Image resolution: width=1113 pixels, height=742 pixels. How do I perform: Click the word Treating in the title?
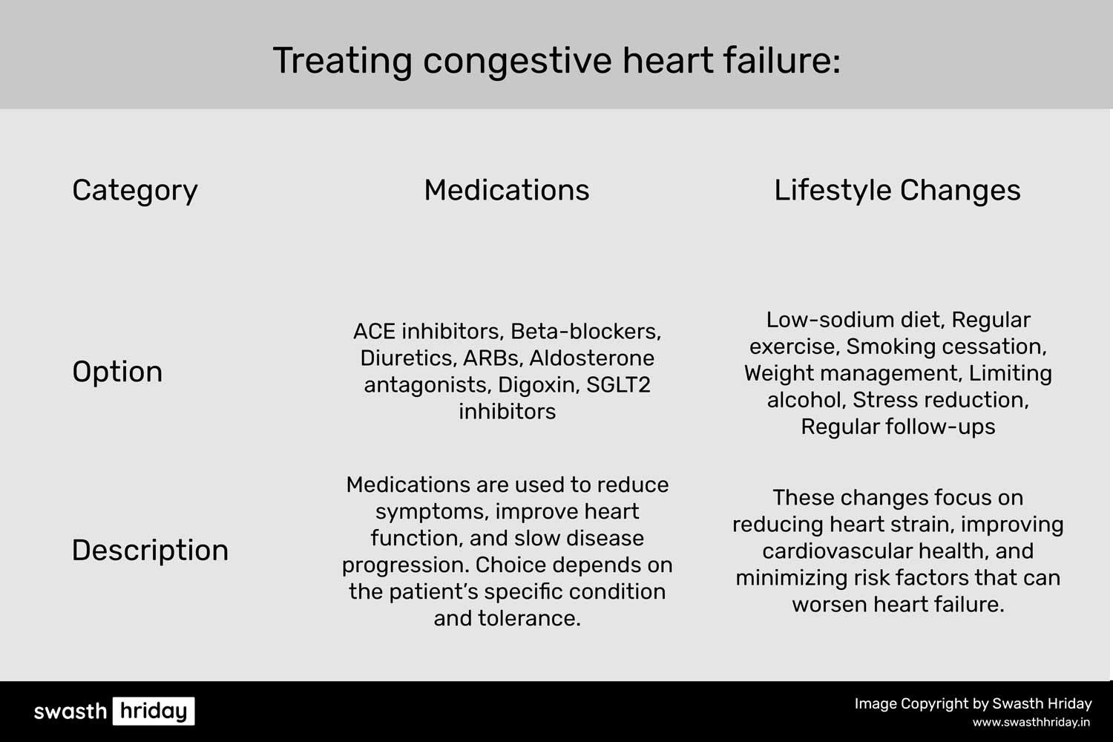[342, 62]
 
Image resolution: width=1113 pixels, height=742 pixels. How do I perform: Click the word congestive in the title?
[517, 62]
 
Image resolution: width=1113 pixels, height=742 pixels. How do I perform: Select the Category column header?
[134, 191]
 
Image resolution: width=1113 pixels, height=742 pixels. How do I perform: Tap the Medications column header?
[506, 190]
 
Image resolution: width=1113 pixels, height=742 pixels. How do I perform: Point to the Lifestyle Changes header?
[897, 191]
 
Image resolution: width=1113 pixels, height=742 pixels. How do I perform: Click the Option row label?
[117, 372]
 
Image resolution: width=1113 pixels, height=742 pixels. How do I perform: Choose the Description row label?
[150, 551]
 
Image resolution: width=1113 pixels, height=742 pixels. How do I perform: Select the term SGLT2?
[618, 384]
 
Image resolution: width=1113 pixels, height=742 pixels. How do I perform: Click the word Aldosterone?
[592, 358]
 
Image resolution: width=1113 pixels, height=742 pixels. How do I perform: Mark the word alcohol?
[806, 400]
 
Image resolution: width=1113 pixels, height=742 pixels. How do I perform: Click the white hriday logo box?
[154, 711]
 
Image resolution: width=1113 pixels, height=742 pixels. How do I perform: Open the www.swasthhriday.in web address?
[1031, 723]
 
